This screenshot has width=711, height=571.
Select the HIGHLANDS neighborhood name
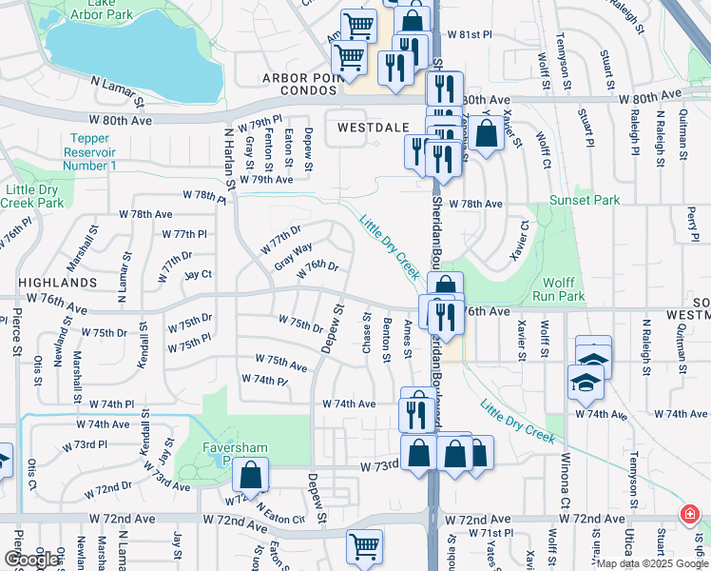click(57, 283)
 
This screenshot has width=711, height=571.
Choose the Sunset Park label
click(584, 201)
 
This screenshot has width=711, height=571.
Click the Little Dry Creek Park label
click(32, 196)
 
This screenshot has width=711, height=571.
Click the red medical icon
click(688, 516)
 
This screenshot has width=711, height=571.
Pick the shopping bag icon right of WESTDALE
click(486, 134)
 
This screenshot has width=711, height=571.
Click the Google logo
click(31, 560)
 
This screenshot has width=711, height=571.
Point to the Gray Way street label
click(293, 255)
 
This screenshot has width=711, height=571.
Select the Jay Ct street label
click(198, 274)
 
